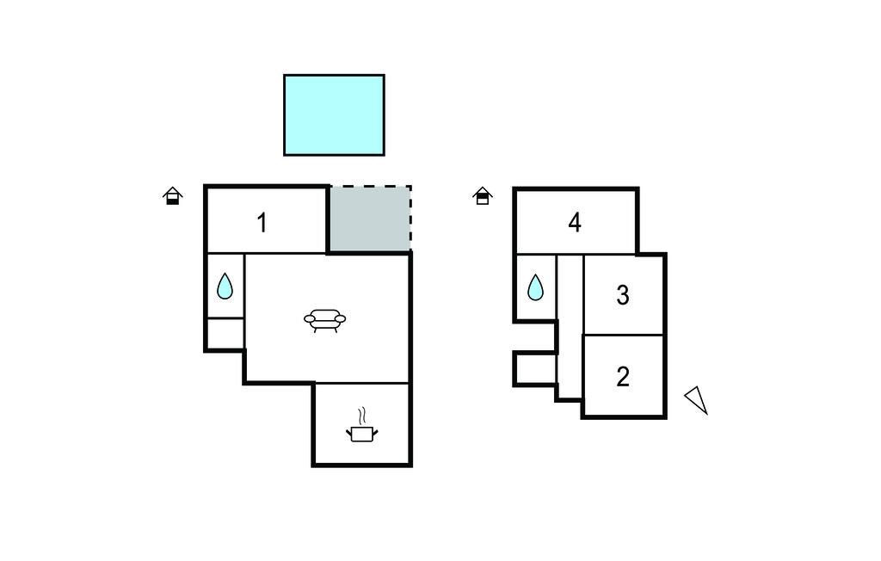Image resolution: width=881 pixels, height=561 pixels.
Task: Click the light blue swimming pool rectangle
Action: pyautogui.click(x=334, y=114)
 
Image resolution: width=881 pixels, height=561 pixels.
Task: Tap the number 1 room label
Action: pyautogui.click(x=262, y=223)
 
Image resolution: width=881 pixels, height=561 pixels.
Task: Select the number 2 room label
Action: pyautogui.click(x=623, y=376)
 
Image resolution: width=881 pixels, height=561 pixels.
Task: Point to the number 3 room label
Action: pyautogui.click(x=623, y=295)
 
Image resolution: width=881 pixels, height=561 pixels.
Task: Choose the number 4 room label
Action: pyautogui.click(x=575, y=223)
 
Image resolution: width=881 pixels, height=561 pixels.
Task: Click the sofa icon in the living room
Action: pyautogui.click(x=324, y=320)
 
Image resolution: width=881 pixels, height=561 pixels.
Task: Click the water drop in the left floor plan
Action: pyautogui.click(x=225, y=286)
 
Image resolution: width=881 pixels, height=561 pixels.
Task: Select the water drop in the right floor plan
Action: pyautogui.click(x=535, y=287)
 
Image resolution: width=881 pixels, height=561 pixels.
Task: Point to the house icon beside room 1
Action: pyautogui.click(x=173, y=197)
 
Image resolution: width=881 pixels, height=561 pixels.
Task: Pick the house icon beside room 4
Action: pyautogui.click(x=483, y=196)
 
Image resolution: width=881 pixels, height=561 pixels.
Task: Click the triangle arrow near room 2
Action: pyautogui.click(x=697, y=399)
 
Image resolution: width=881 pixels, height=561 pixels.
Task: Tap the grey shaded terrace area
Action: pyautogui.click(x=368, y=219)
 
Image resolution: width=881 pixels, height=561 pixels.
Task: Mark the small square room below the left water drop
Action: pyautogui.click(x=225, y=333)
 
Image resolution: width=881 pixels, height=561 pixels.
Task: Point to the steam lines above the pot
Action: pyautogui.click(x=363, y=415)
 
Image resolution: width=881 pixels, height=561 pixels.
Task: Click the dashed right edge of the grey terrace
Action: pyautogui.click(x=410, y=219)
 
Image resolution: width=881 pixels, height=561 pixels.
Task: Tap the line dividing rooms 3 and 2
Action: pyautogui.click(x=624, y=335)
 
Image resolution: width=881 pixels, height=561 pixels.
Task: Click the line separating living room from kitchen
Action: pyautogui.click(x=361, y=383)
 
